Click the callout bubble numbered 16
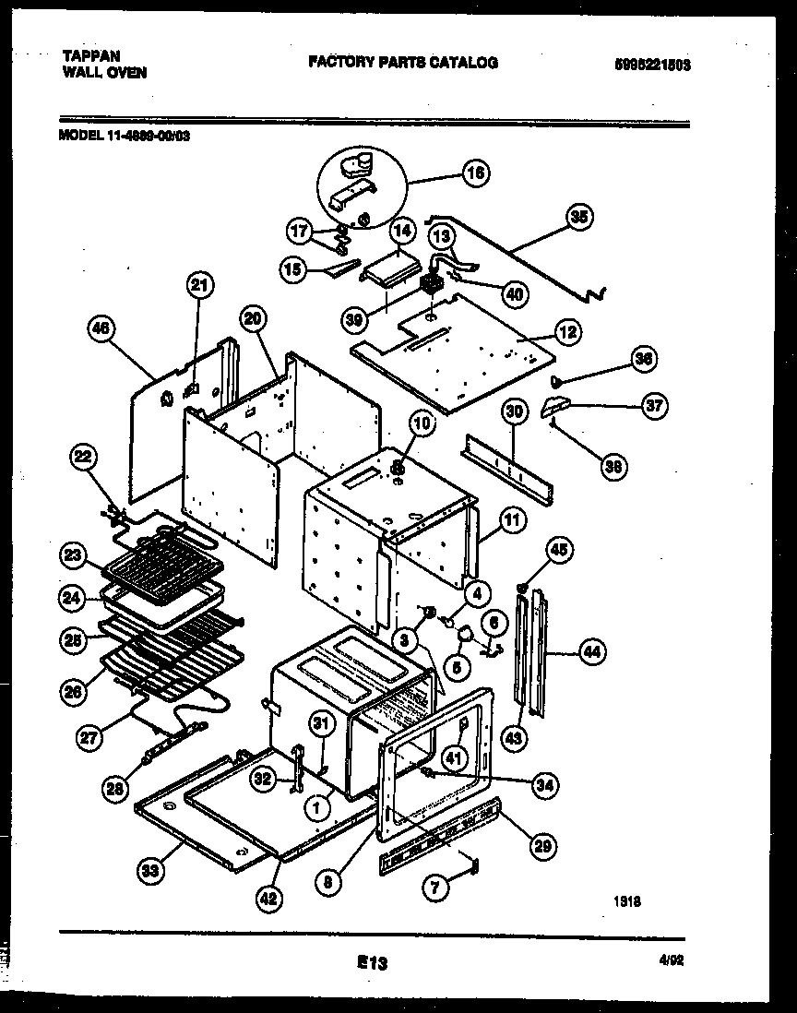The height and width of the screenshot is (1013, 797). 476,173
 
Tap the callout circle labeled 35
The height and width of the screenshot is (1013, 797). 578,218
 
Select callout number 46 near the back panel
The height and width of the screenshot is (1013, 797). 103,327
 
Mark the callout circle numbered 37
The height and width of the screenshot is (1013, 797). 655,405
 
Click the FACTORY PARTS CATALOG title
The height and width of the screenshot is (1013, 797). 402,63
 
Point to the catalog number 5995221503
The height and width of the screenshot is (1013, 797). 652,65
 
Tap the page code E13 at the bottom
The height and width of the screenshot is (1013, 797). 371,962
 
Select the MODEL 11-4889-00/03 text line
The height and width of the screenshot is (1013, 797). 125,135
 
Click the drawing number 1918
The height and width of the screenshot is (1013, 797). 627,903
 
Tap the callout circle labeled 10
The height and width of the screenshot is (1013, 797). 421,424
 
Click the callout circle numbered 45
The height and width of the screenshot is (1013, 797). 559,551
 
